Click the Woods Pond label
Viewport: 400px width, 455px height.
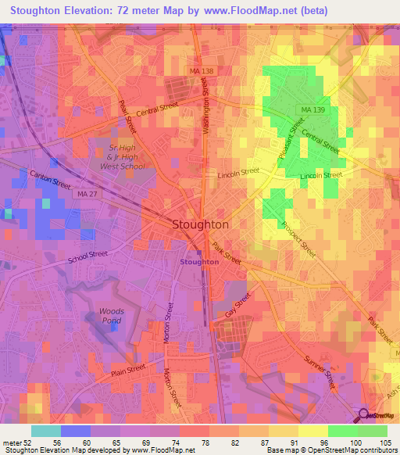point(112,316)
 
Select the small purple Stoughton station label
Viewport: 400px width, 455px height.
point(199,262)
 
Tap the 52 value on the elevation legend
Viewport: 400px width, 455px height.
point(29,442)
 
